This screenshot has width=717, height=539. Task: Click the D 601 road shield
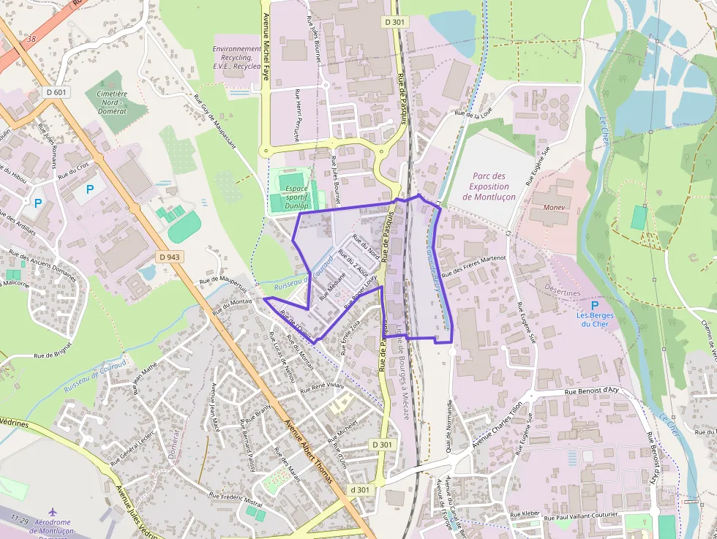[x=56, y=92]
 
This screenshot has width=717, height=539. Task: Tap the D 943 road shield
[x=169, y=257]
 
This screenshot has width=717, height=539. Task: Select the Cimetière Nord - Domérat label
[x=111, y=102]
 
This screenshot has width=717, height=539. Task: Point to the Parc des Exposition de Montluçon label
[x=489, y=186]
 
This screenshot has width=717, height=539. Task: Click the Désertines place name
[x=563, y=293]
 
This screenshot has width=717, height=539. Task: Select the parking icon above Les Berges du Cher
[x=595, y=306]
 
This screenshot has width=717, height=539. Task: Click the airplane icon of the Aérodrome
[x=52, y=513]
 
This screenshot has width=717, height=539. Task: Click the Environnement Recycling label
[x=237, y=57]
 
